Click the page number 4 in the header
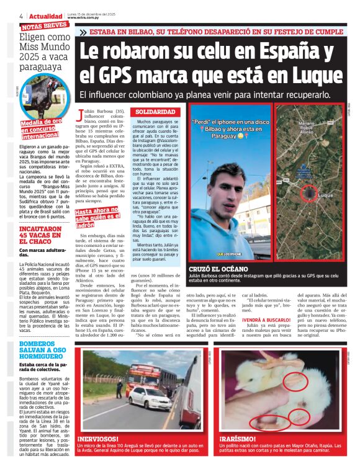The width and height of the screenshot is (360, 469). click(x=21, y=16)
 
